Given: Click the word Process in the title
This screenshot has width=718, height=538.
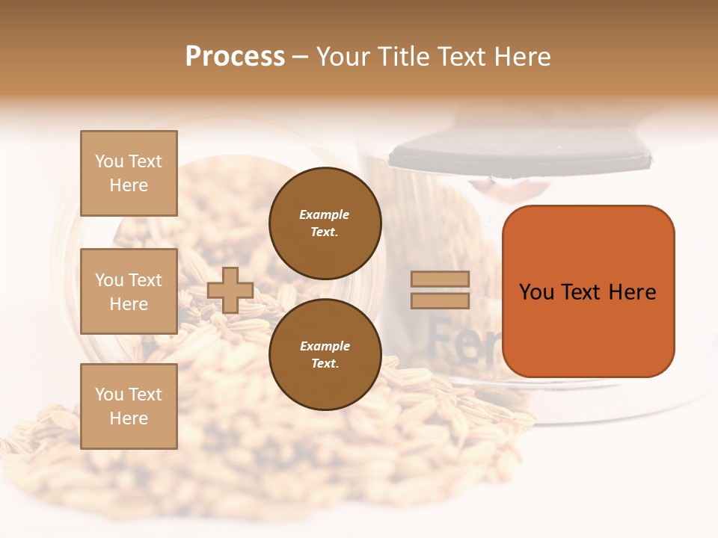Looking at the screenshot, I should (x=235, y=57).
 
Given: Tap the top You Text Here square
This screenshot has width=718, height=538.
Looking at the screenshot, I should (x=129, y=173).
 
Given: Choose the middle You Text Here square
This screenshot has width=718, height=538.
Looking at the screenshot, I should (x=129, y=291).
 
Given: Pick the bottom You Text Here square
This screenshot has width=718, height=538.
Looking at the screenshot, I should (x=129, y=406).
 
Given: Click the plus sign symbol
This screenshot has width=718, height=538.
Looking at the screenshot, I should (x=230, y=290).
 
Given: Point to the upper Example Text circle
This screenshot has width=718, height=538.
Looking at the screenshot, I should (x=325, y=223).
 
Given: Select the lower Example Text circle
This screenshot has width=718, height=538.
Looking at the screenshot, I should (x=325, y=355).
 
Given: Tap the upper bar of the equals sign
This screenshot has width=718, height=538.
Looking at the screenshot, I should (x=441, y=279).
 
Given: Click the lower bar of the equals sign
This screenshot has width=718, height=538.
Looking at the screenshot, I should (x=441, y=300).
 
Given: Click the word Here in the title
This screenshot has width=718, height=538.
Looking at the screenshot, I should (x=521, y=57).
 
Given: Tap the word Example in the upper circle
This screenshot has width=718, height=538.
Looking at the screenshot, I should (x=325, y=214).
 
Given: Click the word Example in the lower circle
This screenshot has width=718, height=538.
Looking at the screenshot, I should (x=325, y=346).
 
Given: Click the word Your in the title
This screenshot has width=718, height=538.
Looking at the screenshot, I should (x=344, y=57).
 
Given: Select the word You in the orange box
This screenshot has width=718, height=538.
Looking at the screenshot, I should (x=538, y=292).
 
